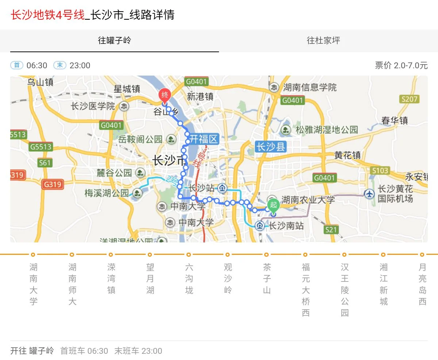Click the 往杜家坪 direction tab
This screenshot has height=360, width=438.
(323, 40)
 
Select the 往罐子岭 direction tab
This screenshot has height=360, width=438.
(114, 40)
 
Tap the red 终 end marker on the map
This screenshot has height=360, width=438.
(165, 96)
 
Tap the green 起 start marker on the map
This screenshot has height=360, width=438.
(273, 205)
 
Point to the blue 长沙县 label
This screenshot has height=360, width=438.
(270, 147)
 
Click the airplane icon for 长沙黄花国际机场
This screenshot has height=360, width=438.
(369, 193)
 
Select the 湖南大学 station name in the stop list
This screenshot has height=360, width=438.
(33, 284)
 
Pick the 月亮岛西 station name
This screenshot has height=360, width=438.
(422, 284)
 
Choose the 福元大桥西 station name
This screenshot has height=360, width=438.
(306, 290)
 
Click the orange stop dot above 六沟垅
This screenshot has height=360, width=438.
(189, 254)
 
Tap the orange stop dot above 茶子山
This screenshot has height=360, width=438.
(266, 254)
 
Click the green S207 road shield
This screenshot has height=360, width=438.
(409, 99)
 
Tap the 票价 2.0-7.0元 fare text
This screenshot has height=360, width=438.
(401, 65)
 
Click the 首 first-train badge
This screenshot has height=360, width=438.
(17, 65)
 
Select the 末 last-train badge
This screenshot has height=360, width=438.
(60, 65)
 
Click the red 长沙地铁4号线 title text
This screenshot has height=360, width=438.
(47, 15)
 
